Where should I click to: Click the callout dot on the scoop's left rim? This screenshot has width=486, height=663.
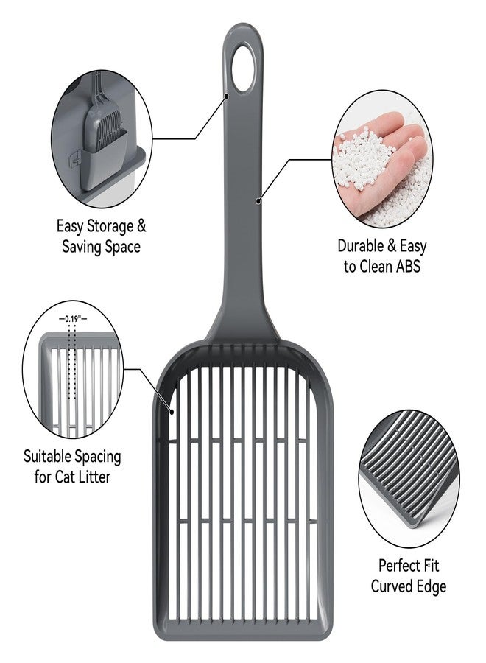click(x=172, y=411)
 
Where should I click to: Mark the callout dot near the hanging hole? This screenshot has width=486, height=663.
click(x=227, y=96)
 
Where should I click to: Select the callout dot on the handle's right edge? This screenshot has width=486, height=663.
click(x=258, y=201)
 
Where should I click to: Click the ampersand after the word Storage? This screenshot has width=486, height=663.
click(x=141, y=226)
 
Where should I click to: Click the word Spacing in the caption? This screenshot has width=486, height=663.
click(x=99, y=457)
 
